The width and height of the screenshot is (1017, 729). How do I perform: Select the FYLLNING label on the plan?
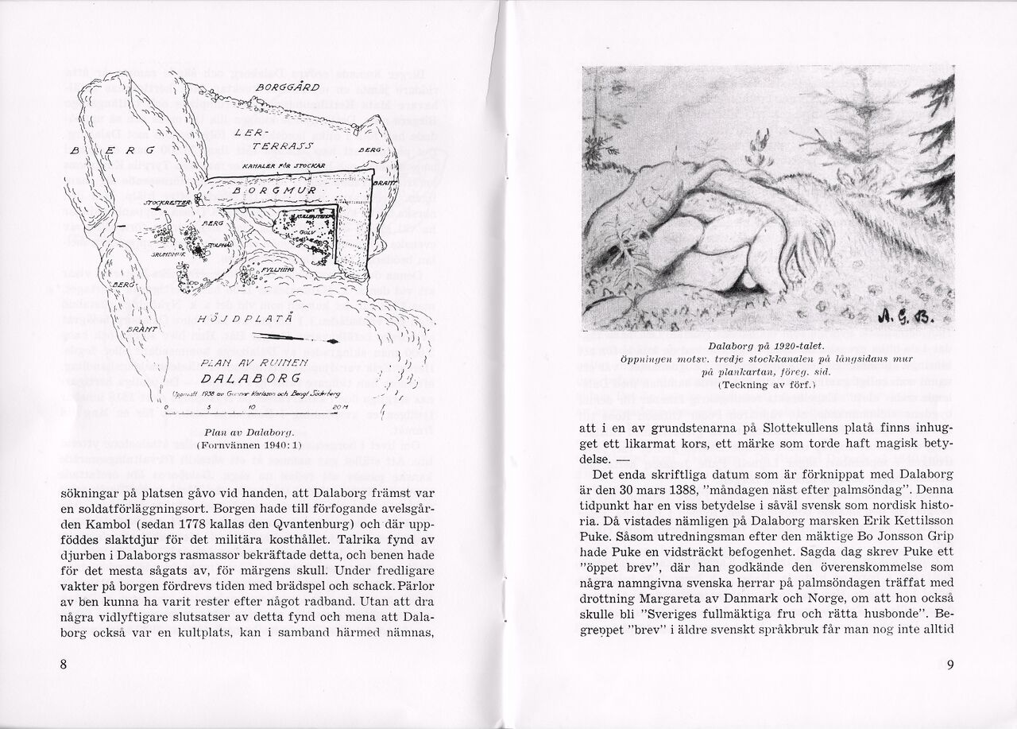(x=277, y=270)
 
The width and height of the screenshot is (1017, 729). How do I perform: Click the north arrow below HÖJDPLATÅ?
(x=310, y=339)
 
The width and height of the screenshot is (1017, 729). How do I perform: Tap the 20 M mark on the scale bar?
(x=340, y=407)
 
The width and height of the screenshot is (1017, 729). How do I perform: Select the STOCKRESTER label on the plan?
(x=164, y=204)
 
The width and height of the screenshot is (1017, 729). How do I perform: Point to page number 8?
(x=63, y=665)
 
